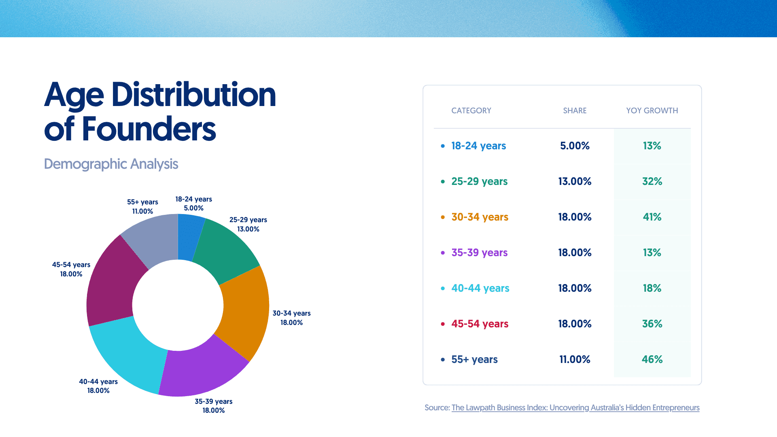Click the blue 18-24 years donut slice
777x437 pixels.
tap(189, 237)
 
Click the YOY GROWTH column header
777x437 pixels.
tap(652, 110)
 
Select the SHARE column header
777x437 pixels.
tap(575, 110)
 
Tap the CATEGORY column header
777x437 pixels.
tap(471, 110)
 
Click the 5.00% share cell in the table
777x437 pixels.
tap(575, 146)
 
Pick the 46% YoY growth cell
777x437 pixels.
tap(652, 359)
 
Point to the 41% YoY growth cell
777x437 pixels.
tap(652, 217)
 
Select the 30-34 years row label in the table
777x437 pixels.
tap(480, 217)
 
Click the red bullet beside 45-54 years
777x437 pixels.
tap(443, 324)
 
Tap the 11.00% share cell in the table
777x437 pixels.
tap(575, 359)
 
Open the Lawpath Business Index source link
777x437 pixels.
tap(575, 407)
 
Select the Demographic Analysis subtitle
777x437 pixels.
tap(111, 164)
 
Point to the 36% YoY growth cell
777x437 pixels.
tap(652, 324)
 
